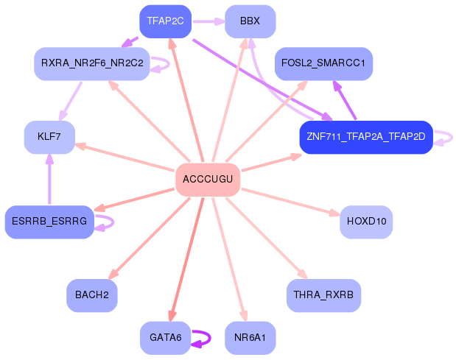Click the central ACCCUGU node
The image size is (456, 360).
click(208, 180)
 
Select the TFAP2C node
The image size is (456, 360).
click(165, 21)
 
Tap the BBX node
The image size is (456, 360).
click(250, 21)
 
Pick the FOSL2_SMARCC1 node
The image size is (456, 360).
click(323, 63)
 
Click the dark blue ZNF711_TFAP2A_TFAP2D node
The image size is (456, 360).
click(365, 137)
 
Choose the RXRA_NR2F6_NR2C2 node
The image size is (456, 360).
click(92, 63)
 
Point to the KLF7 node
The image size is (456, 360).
click(49, 137)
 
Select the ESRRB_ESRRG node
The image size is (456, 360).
click(49, 221)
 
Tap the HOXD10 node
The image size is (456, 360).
click(366, 221)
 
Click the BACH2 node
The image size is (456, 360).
click(91, 294)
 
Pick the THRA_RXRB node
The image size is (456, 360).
click(323, 294)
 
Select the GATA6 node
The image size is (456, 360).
click(165, 337)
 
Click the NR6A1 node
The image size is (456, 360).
click(250, 337)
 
